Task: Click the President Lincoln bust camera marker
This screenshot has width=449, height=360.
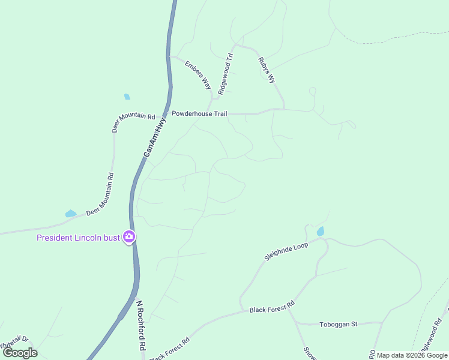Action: (x=128, y=237)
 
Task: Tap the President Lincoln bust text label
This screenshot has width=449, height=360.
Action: (x=79, y=238)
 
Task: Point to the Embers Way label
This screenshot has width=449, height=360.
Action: (x=198, y=75)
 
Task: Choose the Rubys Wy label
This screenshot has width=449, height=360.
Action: (x=267, y=70)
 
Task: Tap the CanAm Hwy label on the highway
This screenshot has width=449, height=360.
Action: (x=155, y=137)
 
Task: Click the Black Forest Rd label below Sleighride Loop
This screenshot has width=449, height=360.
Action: (x=272, y=307)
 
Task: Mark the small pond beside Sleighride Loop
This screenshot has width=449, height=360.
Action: (x=320, y=232)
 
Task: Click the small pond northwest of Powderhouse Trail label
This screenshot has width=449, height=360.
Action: (x=127, y=97)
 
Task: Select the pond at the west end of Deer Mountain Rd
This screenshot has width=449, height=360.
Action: (x=70, y=214)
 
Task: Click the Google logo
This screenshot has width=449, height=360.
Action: (x=20, y=353)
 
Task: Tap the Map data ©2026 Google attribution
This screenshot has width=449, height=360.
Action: (x=412, y=355)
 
